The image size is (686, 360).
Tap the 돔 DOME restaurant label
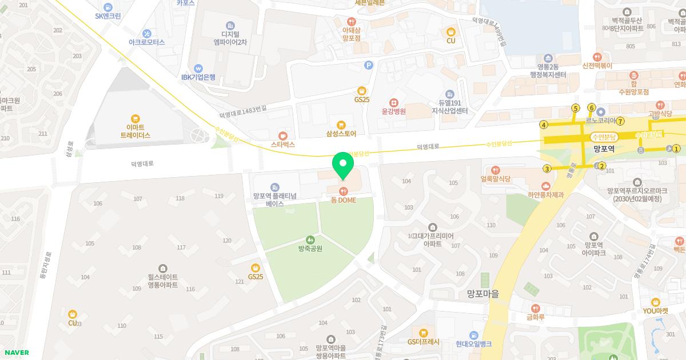click(x=343, y=200)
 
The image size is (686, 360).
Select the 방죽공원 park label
click(x=310, y=248)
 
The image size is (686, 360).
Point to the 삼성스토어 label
click(x=341, y=134)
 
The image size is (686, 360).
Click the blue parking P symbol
click(x=369, y=65)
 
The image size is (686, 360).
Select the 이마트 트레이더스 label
click(x=135, y=131)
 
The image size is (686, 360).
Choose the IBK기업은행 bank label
click(x=198, y=77)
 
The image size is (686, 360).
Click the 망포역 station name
click(x=603, y=149)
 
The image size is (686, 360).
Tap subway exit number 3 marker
click(x=547, y=169)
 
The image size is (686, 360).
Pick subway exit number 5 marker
click(x=576, y=109)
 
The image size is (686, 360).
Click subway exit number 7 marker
click(x=620, y=121)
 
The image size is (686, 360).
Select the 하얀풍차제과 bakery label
click(x=545, y=194)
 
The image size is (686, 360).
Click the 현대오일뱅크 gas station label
click(x=473, y=343)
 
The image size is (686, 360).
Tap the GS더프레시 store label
click(x=423, y=342)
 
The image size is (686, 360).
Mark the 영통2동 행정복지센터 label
click(x=548, y=71)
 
